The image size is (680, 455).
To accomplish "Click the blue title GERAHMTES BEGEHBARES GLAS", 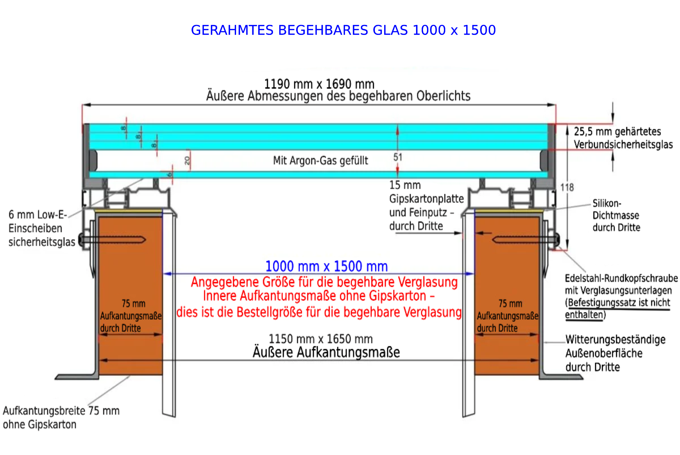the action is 299,30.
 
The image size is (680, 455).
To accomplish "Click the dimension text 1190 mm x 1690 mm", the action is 319,84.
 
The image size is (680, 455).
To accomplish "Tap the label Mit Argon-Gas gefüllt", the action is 320,161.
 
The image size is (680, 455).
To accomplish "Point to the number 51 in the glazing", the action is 398,157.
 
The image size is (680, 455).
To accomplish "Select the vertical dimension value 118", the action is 567,187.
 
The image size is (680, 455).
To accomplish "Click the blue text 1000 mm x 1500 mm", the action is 327,266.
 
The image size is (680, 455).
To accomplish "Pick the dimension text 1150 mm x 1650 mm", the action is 321,339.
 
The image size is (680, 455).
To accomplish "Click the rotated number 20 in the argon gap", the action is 187,161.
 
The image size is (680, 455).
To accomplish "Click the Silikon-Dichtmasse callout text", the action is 617,215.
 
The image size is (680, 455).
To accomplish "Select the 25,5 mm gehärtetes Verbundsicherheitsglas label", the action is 624,138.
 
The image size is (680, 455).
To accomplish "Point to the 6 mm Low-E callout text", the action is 42,228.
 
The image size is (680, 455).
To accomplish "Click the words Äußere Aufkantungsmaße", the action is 326,352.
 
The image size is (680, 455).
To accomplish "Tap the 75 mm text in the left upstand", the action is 133,303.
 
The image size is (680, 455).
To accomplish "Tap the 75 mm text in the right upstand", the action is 510,303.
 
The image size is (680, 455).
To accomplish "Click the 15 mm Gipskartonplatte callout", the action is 427,205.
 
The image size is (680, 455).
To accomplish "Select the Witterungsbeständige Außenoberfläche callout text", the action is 616,353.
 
